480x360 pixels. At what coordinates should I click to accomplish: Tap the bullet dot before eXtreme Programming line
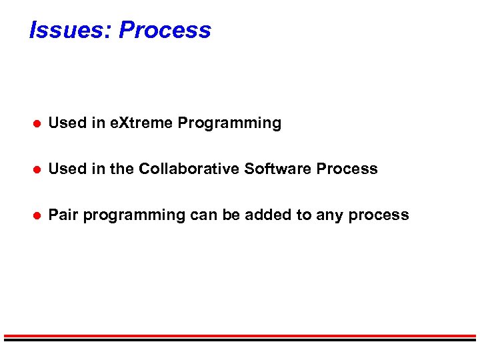pos(38,123)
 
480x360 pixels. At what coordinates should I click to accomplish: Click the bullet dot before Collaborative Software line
pos(38,169)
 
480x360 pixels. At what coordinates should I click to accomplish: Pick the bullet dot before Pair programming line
pos(38,215)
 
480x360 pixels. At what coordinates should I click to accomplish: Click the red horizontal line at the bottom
pos(240,335)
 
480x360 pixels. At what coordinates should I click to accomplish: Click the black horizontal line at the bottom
pos(240,340)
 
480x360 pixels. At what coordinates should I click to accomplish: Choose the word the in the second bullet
pos(121,169)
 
